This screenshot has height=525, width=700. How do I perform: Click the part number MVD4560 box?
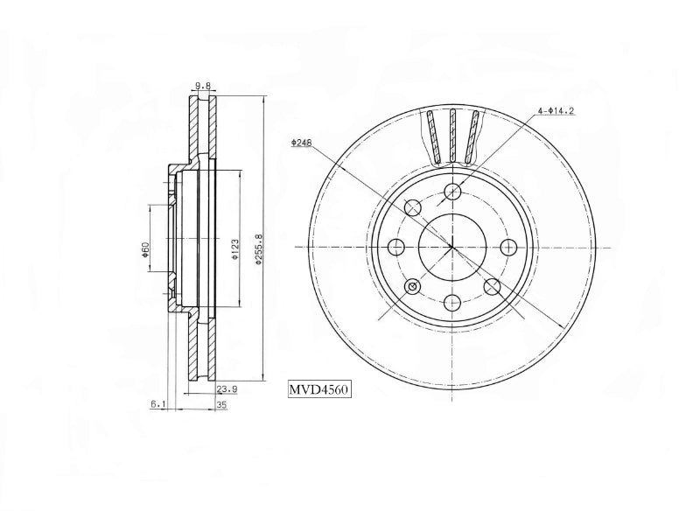(x=318, y=389)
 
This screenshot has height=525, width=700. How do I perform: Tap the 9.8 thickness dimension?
(x=203, y=86)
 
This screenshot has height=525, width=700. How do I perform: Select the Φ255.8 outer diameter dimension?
(x=258, y=249)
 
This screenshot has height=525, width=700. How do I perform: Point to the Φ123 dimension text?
(x=234, y=249)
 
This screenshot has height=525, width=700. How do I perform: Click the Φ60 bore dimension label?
(x=145, y=249)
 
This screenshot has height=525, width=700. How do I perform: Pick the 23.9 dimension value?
(x=227, y=389)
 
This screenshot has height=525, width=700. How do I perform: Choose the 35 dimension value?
(x=222, y=405)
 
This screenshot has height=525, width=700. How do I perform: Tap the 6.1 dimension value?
(x=158, y=404)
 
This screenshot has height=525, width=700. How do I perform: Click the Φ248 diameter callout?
(x=301, y=143)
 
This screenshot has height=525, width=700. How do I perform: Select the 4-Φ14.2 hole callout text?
(x=556, y=110)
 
